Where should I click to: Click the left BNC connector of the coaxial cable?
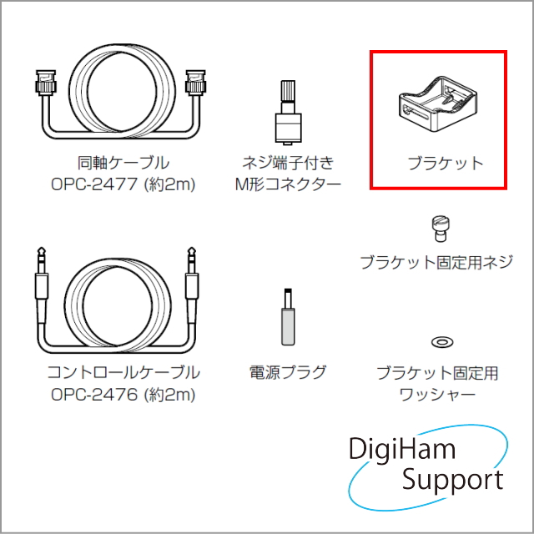(46, 83)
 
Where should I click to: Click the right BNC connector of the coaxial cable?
(195, 83)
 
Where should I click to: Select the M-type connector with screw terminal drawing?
(288, 113)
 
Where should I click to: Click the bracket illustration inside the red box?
(437, 103)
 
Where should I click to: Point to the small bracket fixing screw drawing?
(441, 228)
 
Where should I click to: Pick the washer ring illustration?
(442, 341)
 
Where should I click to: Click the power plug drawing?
(288, 317)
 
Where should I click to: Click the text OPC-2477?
(94, 185)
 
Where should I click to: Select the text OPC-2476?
(94, 395)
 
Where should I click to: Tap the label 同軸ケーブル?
(123, 163)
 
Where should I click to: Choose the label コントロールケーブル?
(123, 372)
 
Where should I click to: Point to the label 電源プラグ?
(288, 372)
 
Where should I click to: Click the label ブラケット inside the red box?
(446, 164)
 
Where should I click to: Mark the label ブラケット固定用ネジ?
(436, 262)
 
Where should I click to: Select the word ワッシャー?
(437, 395)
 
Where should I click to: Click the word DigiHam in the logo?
(402, 449)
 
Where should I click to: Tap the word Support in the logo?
(452, 481)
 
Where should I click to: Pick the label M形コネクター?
(288, 185)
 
